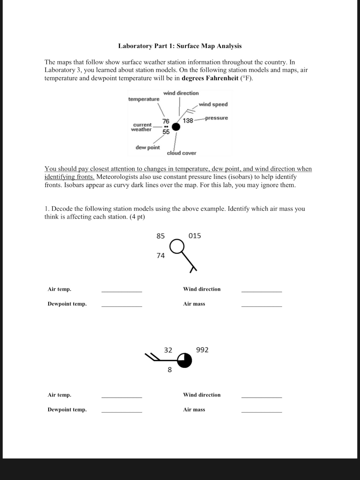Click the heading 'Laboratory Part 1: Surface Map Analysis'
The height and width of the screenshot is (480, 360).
click(180, 46)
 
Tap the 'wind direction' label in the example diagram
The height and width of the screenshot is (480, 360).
click(181, 93)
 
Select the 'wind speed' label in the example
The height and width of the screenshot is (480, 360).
click(213, 104)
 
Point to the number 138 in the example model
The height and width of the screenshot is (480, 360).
click(188, 120)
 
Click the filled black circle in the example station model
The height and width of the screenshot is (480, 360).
click(176, 127)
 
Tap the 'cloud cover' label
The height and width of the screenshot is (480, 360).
click(181, 153)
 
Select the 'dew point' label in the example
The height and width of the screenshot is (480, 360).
click(147, 147)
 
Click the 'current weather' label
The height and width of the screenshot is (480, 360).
click(141, 127)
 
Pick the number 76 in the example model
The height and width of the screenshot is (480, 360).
click(166, 121)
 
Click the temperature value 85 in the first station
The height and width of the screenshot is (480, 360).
click(160, 236)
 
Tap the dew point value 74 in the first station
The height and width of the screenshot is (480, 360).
click(160, 256)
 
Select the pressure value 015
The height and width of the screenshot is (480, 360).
click(195, 236)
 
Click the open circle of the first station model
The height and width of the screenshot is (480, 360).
click(177, 247)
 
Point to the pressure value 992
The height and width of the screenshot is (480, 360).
click(202, 350)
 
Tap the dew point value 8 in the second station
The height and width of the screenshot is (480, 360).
click(169, 370)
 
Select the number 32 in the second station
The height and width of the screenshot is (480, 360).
click(168, 350)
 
